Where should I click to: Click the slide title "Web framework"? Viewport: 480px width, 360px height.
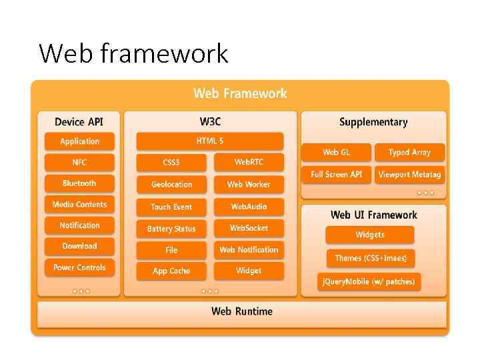133,53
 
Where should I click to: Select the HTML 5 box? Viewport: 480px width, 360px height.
210,141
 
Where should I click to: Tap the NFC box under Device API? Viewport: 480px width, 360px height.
79,163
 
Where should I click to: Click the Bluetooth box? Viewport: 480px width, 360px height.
79,183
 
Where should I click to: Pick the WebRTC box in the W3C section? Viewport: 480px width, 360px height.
249,163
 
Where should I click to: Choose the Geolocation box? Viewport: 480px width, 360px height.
171,185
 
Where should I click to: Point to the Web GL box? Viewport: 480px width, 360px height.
336,153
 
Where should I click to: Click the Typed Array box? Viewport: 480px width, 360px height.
409,153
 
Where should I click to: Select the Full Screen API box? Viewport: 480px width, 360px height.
336,174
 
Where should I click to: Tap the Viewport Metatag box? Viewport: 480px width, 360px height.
409,174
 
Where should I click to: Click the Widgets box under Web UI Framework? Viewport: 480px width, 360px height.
370,235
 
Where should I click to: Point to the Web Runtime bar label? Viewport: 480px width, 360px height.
241,311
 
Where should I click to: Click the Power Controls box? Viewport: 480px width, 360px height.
79,267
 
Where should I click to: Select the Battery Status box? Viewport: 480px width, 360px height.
171,229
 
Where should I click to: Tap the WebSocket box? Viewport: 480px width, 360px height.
249,228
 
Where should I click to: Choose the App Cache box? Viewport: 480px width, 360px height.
171,271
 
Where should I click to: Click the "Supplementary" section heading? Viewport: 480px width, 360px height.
373,122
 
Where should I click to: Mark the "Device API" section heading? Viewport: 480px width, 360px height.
79,122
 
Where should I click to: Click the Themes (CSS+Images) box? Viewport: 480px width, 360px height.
370,258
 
